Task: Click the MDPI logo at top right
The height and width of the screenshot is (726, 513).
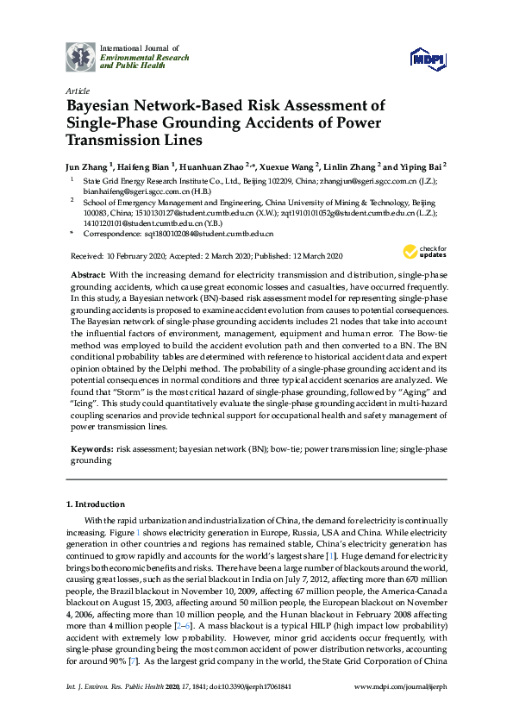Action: pos(429,59)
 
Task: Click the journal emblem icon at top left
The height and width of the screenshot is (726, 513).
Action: pos(81,56)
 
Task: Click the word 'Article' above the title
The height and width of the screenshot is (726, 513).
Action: pos(77,91)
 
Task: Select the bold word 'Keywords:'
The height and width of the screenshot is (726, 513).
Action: pos(91,449)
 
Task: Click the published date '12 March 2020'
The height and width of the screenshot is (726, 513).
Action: pos(311,256)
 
